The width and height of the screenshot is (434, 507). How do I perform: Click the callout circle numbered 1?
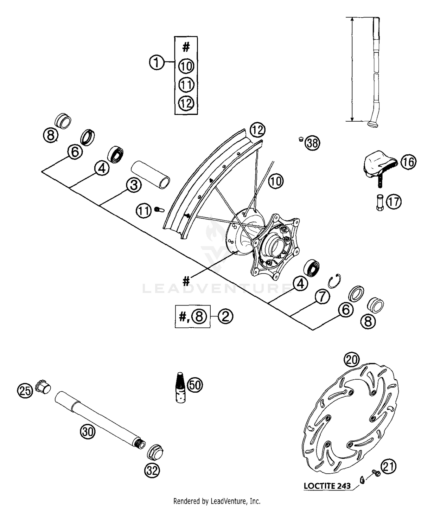tap(157, 62)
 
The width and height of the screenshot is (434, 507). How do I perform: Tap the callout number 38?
tap(312, 143)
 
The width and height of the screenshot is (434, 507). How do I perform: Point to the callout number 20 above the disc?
tap(352, 360)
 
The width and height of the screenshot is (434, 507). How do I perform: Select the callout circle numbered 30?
tap(88, 432)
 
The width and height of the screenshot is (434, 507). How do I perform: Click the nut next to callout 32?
tap(156, 452)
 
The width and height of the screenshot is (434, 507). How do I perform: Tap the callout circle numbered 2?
tap(225, 316)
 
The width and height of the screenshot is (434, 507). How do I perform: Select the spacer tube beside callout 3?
tap(151, 174)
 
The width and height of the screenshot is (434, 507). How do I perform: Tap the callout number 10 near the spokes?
tap(276, 181)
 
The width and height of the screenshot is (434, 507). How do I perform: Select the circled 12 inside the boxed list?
tap(186, 103)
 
